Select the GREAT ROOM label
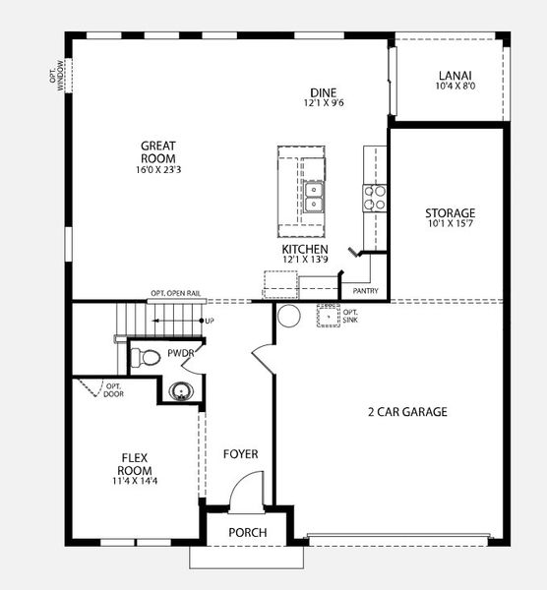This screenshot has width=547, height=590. (x=158, y=152)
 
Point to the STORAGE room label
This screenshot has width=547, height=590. (x=450, y=213)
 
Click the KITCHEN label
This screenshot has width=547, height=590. (x=305, y=250)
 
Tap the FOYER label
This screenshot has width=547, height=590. (x=240, y=454)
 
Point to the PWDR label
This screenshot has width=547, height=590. (x=180, y=352)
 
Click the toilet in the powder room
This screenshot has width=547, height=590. (x=147, y=356)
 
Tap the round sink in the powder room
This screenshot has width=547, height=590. (x=180, y=391)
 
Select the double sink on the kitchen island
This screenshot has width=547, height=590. (x=314, y=197)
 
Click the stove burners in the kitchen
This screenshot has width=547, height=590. (x=375, y=197)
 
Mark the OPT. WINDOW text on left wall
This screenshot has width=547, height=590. (x=58, y=75)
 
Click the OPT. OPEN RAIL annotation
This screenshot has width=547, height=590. (x=178, y=293)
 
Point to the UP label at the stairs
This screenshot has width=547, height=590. (x=210, y=322)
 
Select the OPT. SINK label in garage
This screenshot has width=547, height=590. (x=351, y=317)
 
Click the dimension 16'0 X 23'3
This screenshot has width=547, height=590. (x=158, y=168)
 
